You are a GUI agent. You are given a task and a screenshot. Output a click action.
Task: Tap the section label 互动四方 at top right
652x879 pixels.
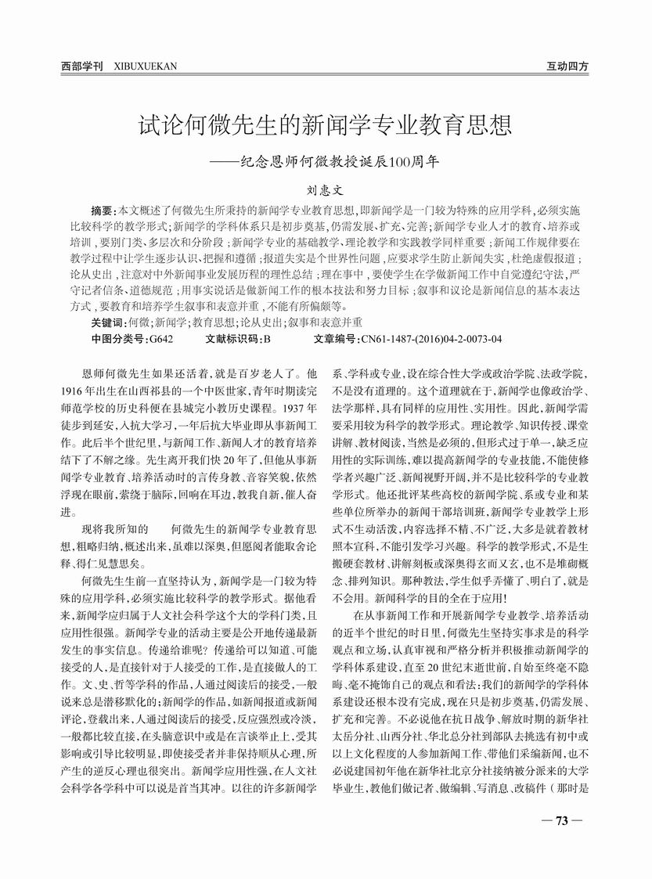coord(567,67)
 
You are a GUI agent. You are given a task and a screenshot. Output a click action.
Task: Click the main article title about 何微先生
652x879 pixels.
coord(326,125)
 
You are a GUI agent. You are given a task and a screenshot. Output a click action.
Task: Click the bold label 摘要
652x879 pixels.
coord(102,211)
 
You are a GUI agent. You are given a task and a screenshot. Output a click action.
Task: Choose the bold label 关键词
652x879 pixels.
coord(108,322)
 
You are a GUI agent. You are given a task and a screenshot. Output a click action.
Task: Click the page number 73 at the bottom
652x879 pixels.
coord(561,821)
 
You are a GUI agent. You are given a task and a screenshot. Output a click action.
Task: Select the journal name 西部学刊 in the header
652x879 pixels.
coord(82,67)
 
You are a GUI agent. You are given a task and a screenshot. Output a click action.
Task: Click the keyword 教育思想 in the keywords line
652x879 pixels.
coord(212,322)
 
